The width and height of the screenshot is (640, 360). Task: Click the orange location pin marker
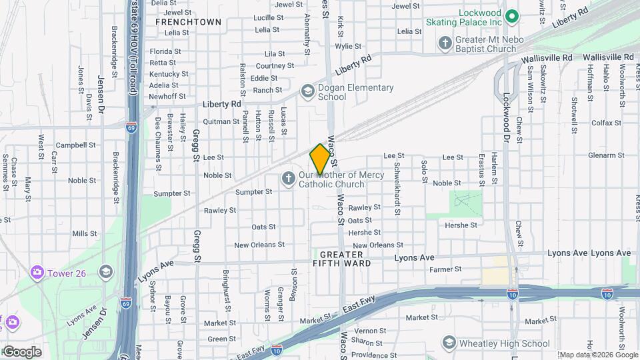click(320, 159)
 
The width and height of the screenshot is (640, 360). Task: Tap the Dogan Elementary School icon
click(307, 90)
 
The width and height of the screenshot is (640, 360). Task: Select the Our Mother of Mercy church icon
click(288, 178)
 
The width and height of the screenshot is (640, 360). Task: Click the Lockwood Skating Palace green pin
click(512, 15)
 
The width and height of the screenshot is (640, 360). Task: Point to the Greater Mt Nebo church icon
click(445, 43)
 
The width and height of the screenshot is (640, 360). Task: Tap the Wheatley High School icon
click(449, 343)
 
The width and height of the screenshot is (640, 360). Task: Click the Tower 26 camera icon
click(36, 272)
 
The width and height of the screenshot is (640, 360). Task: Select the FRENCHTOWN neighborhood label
click(188, 22)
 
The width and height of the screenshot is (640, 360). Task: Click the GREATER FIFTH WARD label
click(341, 259)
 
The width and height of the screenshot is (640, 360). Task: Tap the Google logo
click(21, 351)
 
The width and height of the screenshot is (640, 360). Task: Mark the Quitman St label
click(221, 121)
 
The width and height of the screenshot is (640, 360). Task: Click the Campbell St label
click(75, 145)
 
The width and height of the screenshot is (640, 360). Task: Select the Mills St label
click(85, 233)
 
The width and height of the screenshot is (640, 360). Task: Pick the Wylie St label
click(348, 47)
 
